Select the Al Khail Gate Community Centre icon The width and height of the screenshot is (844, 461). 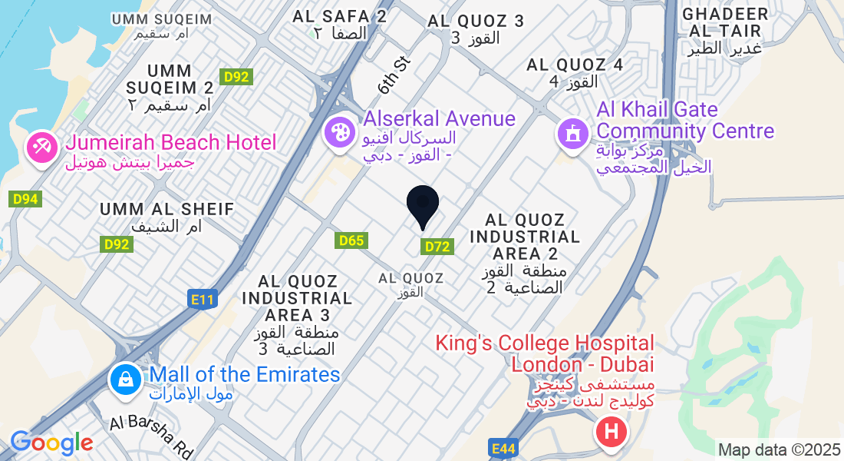[572, 134]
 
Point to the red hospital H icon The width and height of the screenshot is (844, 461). [611, 432]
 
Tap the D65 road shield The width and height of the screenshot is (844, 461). [351, 240]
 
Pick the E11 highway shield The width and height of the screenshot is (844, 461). [201, 300]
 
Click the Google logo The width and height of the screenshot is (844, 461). [51, 443]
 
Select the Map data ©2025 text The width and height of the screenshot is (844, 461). [779, 449]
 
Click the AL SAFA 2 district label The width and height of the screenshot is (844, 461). [339, 16]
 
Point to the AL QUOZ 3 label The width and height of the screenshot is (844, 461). [476, 21]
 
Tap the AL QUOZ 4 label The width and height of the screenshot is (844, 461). [574, 65]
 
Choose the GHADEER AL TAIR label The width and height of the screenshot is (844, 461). [724, 23]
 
